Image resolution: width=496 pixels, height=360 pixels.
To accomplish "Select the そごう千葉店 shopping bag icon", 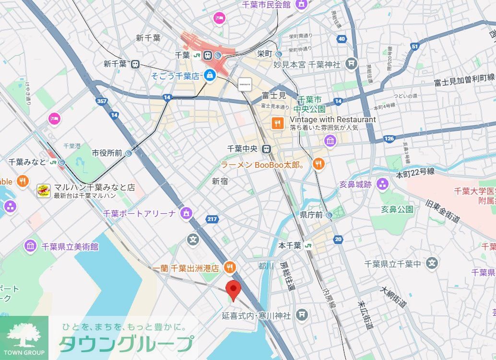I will pos(210,75).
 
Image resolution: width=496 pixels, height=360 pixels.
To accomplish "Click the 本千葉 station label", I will pos(290,245).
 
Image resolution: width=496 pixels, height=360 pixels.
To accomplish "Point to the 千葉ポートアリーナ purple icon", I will pos(186,213).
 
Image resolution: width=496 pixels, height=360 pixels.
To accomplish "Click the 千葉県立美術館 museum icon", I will pos(31,246).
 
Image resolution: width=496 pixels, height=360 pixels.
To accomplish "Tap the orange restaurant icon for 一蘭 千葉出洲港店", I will pos(230,267).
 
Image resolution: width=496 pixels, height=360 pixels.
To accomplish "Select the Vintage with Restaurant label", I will pos(332,119).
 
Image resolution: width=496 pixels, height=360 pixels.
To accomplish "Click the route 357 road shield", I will pos(101,102).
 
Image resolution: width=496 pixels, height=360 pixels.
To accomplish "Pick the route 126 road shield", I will pos(389,139).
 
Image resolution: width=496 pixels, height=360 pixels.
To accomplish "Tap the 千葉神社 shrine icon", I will pos(352,63).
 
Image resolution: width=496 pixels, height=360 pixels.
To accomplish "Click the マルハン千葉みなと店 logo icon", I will pos(44,191).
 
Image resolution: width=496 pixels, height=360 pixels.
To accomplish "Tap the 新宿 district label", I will pos(220,181).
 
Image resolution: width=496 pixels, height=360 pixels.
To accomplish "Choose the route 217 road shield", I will pos(212,219).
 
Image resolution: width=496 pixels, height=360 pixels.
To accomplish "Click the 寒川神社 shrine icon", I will pos(302,314).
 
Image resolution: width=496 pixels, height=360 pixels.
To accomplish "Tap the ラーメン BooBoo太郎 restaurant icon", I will pos(319,164).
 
